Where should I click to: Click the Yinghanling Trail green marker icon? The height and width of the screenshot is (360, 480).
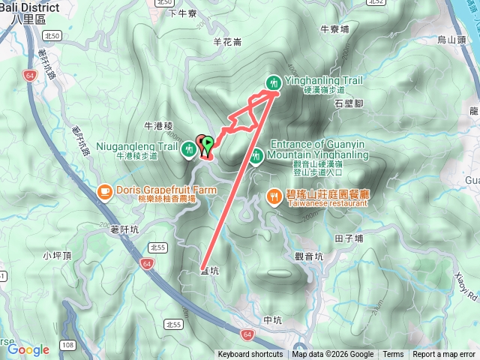(x=274, y=82)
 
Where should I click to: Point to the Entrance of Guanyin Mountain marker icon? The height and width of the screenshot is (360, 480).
(x=256, y=156)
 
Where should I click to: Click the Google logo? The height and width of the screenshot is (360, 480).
(x=28, y=349)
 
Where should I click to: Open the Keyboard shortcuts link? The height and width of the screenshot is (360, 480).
(x=250, y=355)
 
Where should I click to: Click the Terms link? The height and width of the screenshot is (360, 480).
(x=393, y=355)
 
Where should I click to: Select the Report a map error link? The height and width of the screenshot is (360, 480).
(x=444, y=355)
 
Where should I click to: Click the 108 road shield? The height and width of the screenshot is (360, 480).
(x=68, y=345)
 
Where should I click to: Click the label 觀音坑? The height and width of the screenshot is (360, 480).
(x=309, y=256)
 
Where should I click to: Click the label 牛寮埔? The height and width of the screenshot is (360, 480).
(x=334, y=29)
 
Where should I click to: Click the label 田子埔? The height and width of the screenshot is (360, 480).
(x=349, y=238)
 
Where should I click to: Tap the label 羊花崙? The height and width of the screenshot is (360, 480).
(x=227, y=42)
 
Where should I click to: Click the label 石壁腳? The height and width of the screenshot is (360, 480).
(x=349, y=103)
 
